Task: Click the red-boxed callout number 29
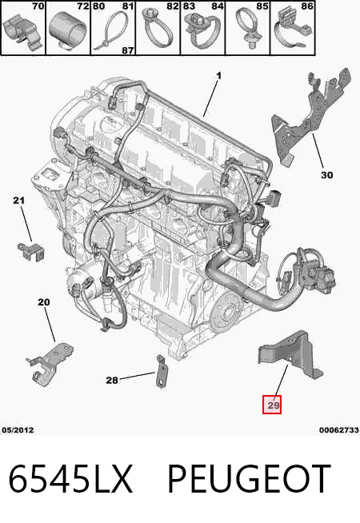tap(274, 405)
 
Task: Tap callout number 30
tap(326, 175)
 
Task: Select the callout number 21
tap(18, 201)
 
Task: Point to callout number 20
tap(44, 302)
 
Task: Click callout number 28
tap(112, 380)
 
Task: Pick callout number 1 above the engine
tap(218, 76)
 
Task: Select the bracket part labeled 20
tap(50, 363)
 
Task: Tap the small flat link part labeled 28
tap(161, 371)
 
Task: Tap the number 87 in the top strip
tap(128, 50)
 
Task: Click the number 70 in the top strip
tap(38, 6)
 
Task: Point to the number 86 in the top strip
tap(307, 6)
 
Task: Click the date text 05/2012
tap(18, 430)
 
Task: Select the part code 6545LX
tap(70, 479)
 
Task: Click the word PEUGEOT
tap(249, 479)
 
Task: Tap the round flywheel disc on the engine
tap(227, 313)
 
